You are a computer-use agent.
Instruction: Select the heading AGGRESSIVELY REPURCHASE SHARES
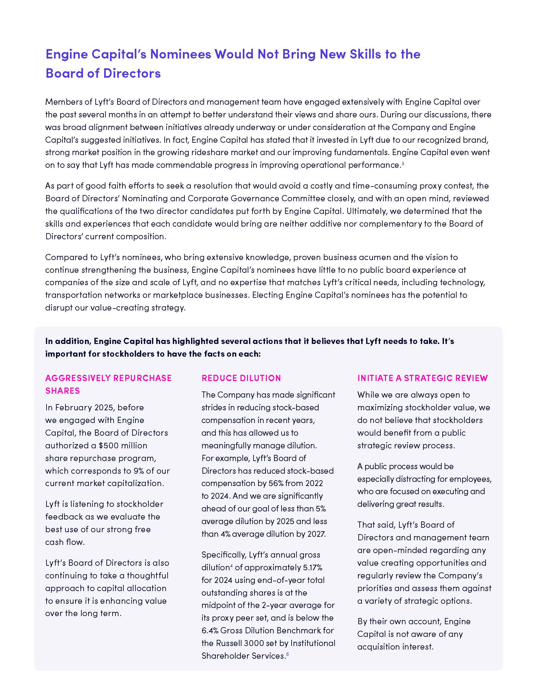(x=108, y=384)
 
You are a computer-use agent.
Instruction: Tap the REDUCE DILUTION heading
(x=241, y=378)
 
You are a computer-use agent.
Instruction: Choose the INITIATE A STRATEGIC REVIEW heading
(x=422, y=378)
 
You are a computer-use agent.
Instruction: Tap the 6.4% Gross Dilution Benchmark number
(x=210, y=630)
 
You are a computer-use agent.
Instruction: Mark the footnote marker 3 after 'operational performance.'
(x=403, y=163)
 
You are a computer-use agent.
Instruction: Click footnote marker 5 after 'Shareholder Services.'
(x=287, y=654)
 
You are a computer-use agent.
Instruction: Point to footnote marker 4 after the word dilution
(x=231, y=566)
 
